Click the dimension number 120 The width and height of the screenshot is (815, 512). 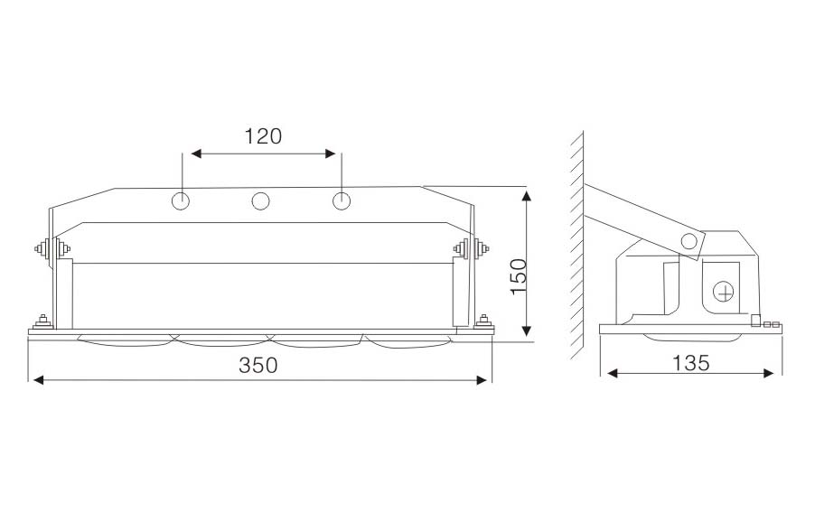(263, 136)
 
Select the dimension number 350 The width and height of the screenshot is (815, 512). (258, 365)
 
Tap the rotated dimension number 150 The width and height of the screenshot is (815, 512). (519, 277)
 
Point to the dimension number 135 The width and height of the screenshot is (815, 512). (691, 363)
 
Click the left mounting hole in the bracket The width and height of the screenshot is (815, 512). (181, 201)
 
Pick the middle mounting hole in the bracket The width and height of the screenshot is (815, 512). (260, 201)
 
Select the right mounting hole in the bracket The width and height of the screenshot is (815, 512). (341, 201)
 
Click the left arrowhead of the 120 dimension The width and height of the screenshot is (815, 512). (196, 154)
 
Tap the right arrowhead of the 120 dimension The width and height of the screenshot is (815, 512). (330, 154)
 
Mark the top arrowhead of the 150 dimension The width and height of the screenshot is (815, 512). (527, 196)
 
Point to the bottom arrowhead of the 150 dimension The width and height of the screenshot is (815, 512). (527, 330)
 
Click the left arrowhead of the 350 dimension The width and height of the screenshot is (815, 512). (39, 380)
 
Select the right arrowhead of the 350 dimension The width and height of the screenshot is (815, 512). (482, 380)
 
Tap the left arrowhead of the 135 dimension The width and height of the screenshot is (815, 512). (613, 373)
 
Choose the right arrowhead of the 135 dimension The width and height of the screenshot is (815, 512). (769, 373)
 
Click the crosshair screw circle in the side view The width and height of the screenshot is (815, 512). (723, 292)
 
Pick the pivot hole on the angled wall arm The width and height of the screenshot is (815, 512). (689, 241)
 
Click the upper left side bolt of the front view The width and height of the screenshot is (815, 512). (52, 249)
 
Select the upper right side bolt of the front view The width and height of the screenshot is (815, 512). (471, 248)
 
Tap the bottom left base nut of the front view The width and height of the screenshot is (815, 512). (42, 322)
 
